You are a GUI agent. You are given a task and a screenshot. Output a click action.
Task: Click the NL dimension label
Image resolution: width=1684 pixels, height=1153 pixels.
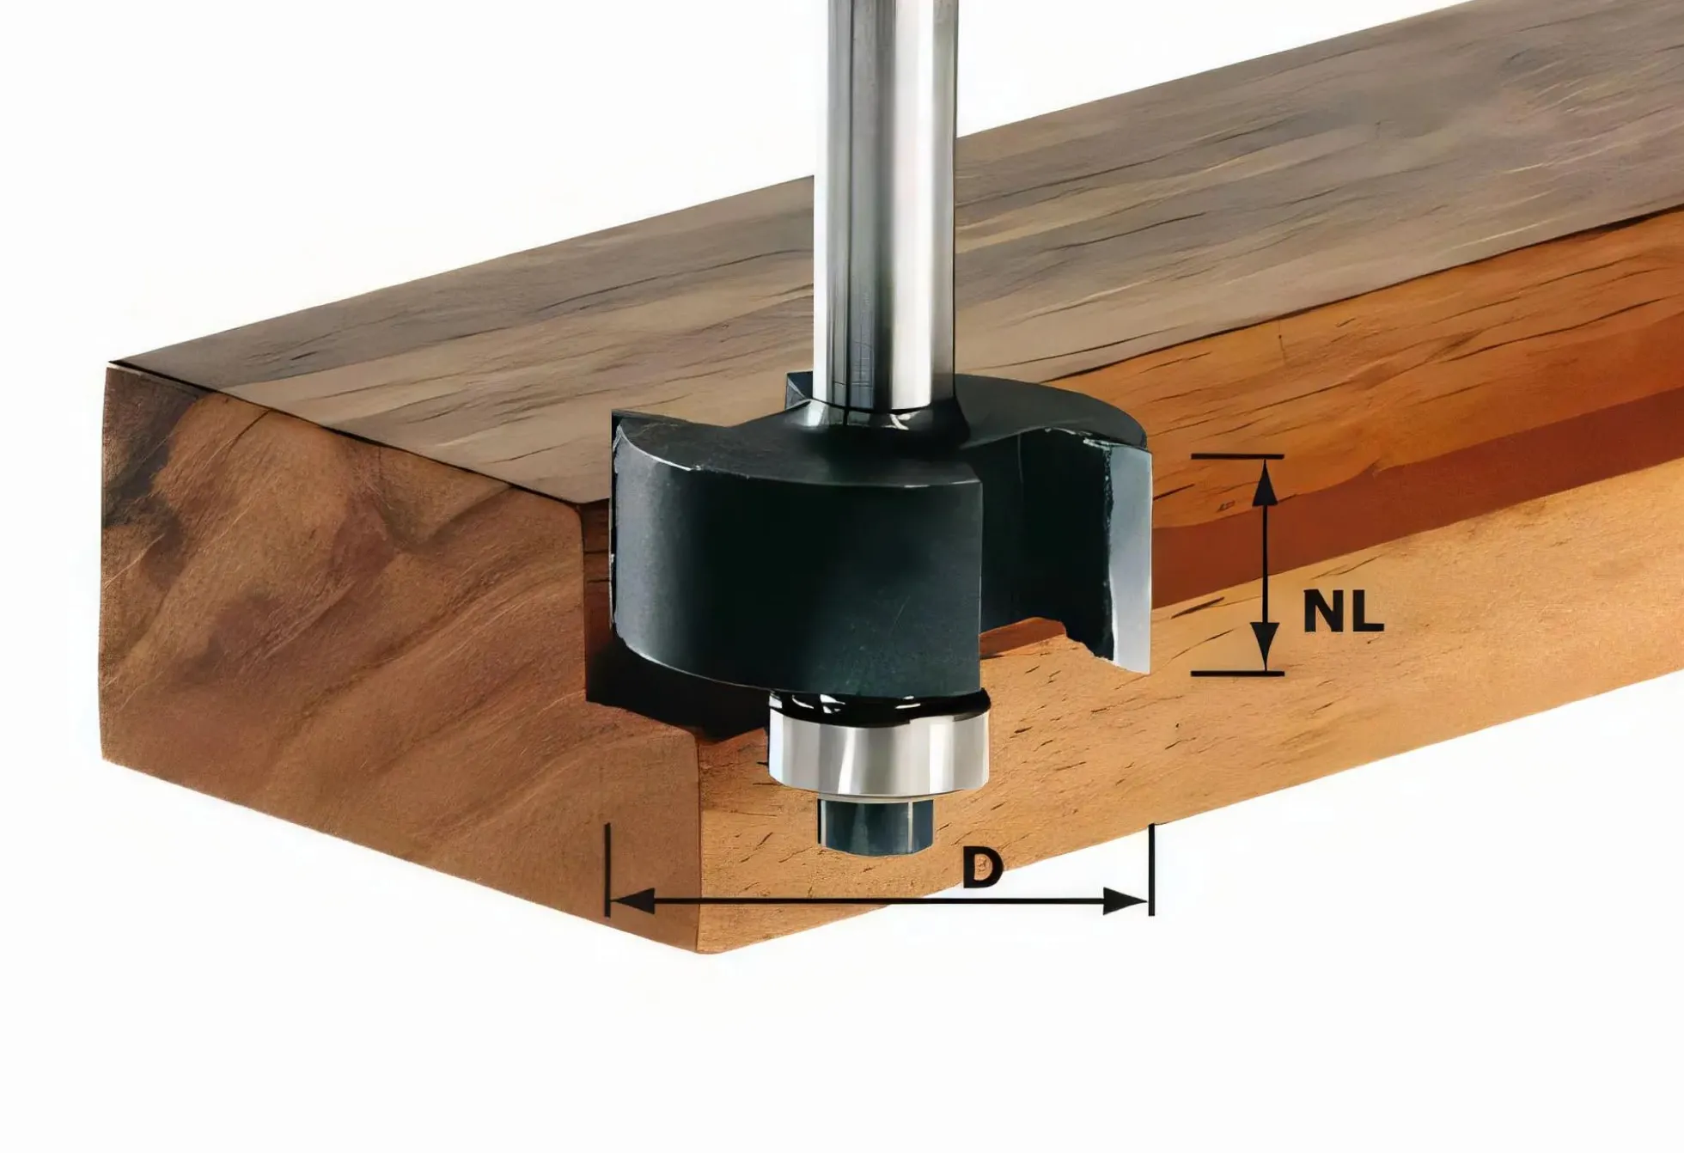[1343, 612]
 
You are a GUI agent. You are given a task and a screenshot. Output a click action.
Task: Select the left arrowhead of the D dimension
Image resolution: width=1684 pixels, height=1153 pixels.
[631, 901]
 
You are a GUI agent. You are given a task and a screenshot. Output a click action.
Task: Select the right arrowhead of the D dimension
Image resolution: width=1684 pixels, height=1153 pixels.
[1125, 901]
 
